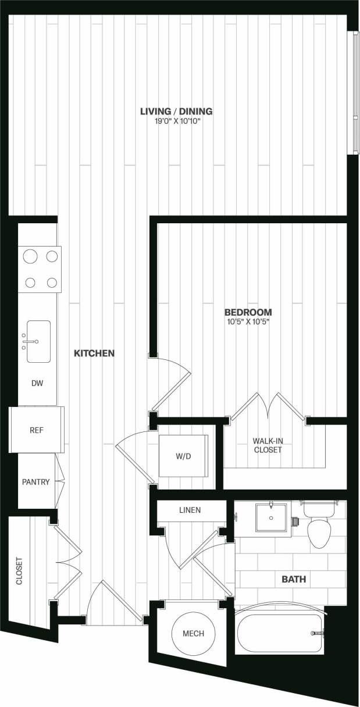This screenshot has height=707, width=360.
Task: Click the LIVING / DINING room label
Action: coord(176,111)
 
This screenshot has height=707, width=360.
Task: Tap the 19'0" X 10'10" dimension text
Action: coord(176,121)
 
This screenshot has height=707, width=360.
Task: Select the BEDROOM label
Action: coord(249,312)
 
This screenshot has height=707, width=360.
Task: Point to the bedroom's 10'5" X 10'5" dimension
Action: coord(249,321)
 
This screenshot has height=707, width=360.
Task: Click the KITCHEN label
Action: coord(94,353)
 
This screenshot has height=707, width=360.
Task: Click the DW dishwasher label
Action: coord(37,384)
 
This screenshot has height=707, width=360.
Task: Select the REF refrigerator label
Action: coord(37,431)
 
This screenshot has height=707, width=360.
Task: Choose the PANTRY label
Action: coord(35,482)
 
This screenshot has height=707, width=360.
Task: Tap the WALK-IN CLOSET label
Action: coord(268,445)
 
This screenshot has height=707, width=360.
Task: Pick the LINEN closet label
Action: coord(190,510)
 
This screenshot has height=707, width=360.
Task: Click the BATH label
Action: coord(294,579)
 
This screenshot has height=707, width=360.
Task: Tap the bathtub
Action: coord(280,634)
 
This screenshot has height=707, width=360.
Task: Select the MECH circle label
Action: coord(194,633)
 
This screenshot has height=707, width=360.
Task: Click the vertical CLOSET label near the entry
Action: coord(19,572)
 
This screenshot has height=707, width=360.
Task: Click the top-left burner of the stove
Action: coord(30,256)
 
